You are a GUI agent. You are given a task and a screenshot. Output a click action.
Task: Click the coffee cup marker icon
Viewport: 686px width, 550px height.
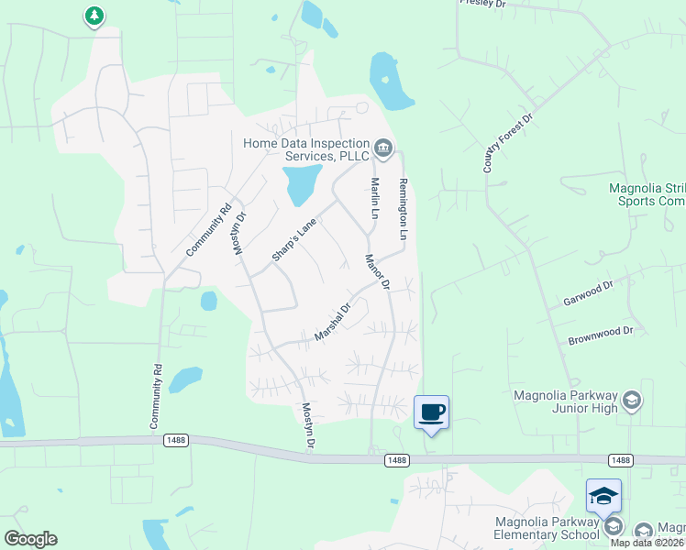430,412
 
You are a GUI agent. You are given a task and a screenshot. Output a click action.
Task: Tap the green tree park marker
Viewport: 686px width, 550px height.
94,16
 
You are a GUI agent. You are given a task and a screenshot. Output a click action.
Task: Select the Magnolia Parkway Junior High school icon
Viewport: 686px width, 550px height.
631,400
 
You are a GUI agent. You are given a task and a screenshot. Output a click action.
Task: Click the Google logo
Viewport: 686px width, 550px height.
30,539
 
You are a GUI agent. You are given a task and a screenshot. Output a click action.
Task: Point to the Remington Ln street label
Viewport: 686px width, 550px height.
403,210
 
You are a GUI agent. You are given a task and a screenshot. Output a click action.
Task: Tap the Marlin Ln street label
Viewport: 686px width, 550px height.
374,198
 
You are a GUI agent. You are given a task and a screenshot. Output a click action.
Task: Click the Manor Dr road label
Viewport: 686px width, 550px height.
378,272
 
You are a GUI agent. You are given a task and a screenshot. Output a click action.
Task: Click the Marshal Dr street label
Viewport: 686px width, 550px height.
333,323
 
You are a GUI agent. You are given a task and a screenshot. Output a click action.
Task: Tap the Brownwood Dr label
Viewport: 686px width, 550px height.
601,330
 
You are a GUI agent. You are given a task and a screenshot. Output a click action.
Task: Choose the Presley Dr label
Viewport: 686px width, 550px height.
482,5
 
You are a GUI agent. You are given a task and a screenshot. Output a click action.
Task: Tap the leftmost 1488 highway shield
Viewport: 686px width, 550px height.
176,441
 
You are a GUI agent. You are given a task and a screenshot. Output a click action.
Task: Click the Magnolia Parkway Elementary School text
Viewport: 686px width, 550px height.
546,528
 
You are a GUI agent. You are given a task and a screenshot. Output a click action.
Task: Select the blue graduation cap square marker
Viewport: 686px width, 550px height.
603,496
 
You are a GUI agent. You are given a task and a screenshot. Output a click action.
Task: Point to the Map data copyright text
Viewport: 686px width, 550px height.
647,543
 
